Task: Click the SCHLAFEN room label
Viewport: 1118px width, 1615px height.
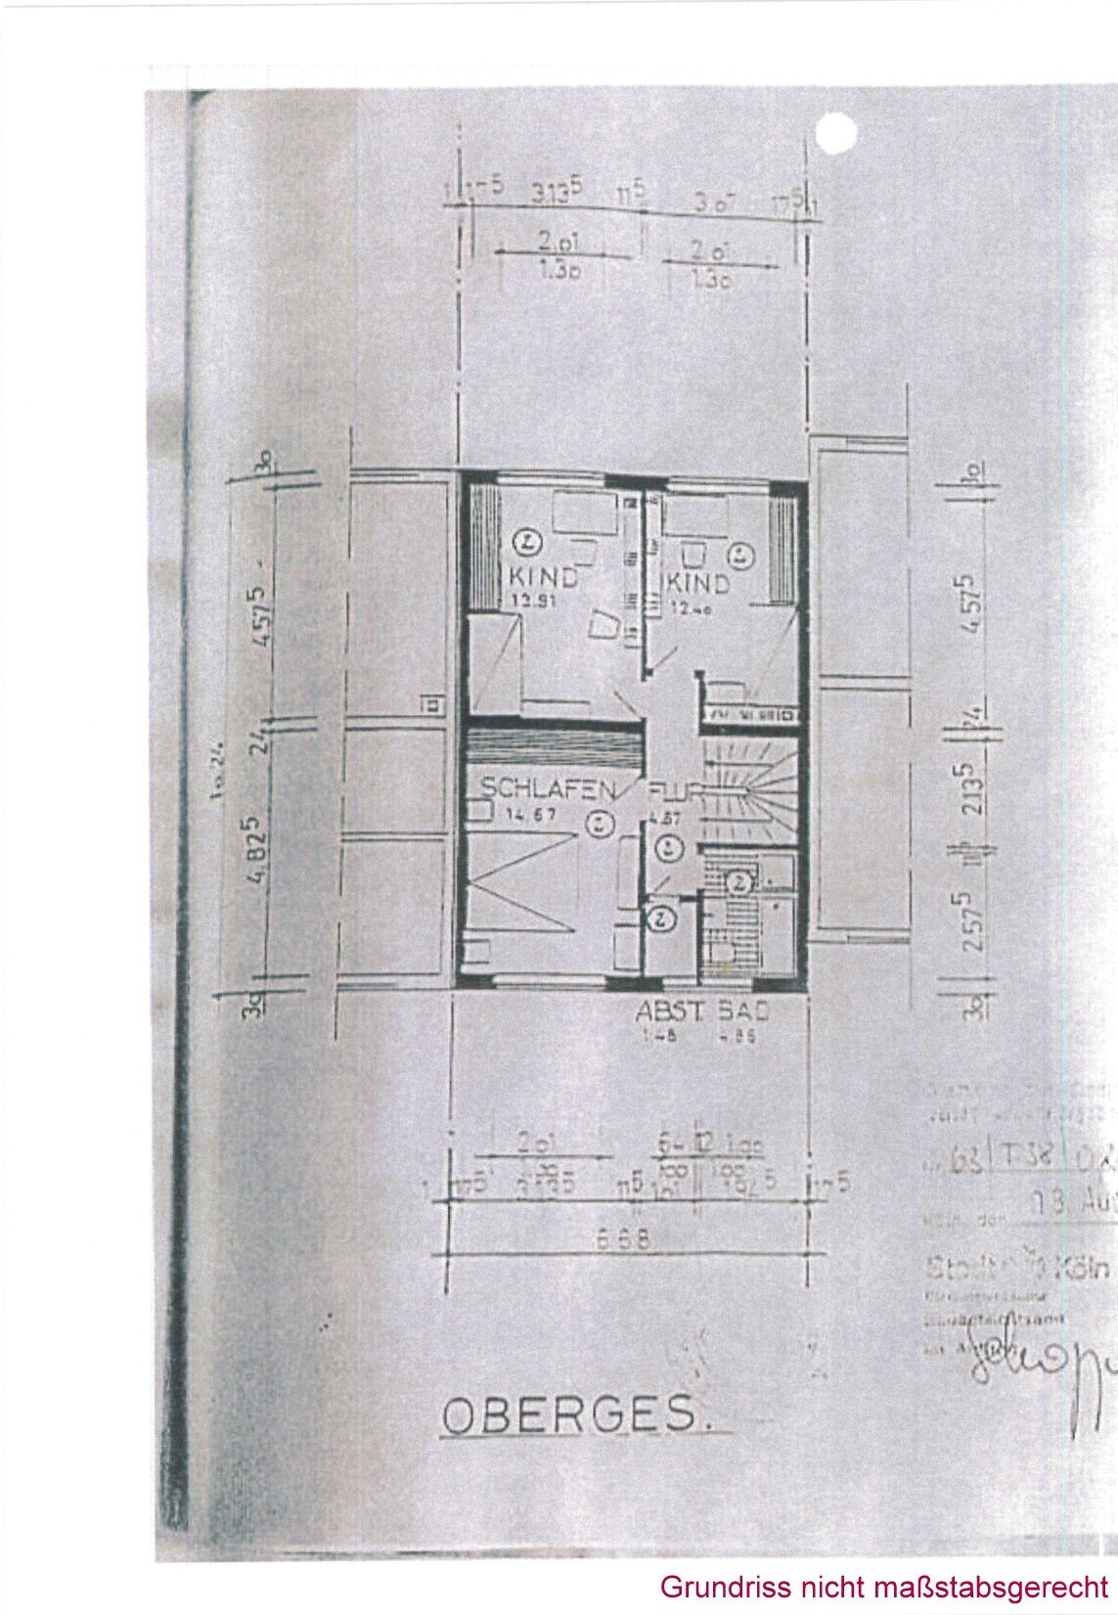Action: pyautogui.click(x=547, y=788)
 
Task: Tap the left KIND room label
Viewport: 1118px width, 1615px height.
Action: pyautogui.click(x=543, y=579)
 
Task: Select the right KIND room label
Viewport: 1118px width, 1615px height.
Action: pyautogui.click(x=698, y=584)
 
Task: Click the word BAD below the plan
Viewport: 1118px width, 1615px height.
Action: pyautogui.click(x=743, y=1011)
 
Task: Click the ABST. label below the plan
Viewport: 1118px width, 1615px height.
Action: pyautogui.click(x=667, y=1011)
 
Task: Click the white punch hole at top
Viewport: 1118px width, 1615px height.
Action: pyautogui.click(x=835, y=134)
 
